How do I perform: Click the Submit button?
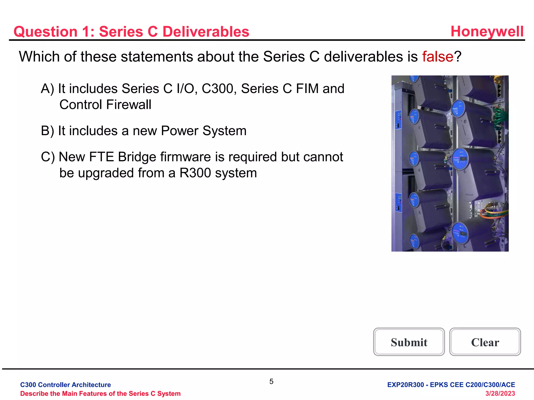click(x=409, y=342)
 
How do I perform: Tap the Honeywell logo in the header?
click(x=487, y=32)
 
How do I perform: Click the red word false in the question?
click(x=438, y=57)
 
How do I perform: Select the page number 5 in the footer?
click(x=271, y=382)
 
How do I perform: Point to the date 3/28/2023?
click(x=500, y=393)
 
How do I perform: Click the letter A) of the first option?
click(x=47, y=89)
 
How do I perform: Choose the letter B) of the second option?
click(x=47, y=131)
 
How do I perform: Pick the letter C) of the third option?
click(x=48, y=157)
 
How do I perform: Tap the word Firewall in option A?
click(x=129, y=105)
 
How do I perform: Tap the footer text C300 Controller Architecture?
click(x=65, y=385)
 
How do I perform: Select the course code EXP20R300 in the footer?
click(x=405, y=385)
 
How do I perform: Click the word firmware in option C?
click(x=185, y=157)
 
